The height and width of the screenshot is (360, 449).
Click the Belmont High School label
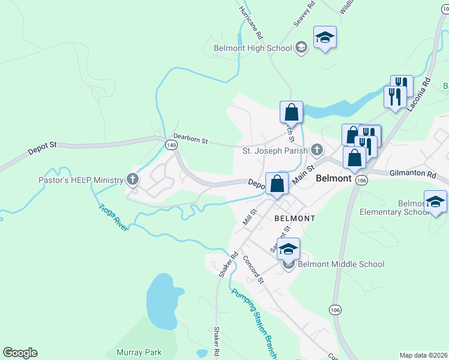pyautogui.click(x=252, y=48)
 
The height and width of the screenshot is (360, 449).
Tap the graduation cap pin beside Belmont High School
pyautogui.click(x=325, y=38)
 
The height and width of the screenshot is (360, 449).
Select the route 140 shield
pyautogui.click(x=172, y=145)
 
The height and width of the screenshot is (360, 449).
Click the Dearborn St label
pyautogui.click(x=190, y=139)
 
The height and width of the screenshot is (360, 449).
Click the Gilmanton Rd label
pyautogui.click(x=414, y=173)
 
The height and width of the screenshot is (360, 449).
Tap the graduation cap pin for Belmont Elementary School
pyautogui.click(x=435, y=202)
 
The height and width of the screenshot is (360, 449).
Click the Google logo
pyautogui.click(x=20, y=353)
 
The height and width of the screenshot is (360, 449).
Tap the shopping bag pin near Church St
pyautogui.click(x=291, y=112)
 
